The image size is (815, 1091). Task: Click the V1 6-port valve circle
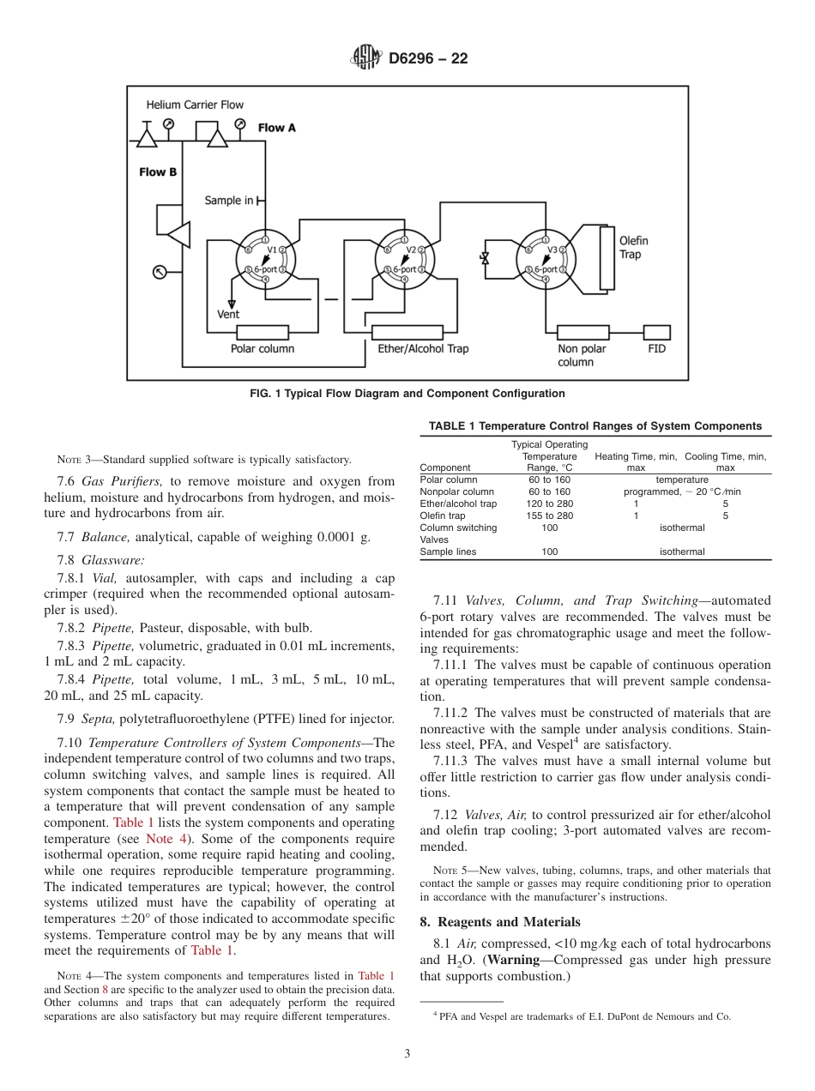coord(265,260)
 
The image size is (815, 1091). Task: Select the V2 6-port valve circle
coord(403,260)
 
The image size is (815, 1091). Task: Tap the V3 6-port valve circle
coord(545,260)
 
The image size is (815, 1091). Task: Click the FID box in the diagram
coord(657,332)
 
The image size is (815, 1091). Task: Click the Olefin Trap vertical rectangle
coord(607,257)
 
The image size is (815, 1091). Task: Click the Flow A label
coord(276,128)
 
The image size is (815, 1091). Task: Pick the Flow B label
coord(158,172)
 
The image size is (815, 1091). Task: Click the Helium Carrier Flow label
coord(195,105)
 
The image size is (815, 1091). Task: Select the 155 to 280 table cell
coord(549,516)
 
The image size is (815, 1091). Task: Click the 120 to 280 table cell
coord(549,504)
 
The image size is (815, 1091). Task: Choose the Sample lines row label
coord(448,552)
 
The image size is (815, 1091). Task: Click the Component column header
coord(445,468)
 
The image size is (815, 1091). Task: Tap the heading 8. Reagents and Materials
coord(500,922)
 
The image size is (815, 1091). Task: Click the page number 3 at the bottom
coord(407,1054)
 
